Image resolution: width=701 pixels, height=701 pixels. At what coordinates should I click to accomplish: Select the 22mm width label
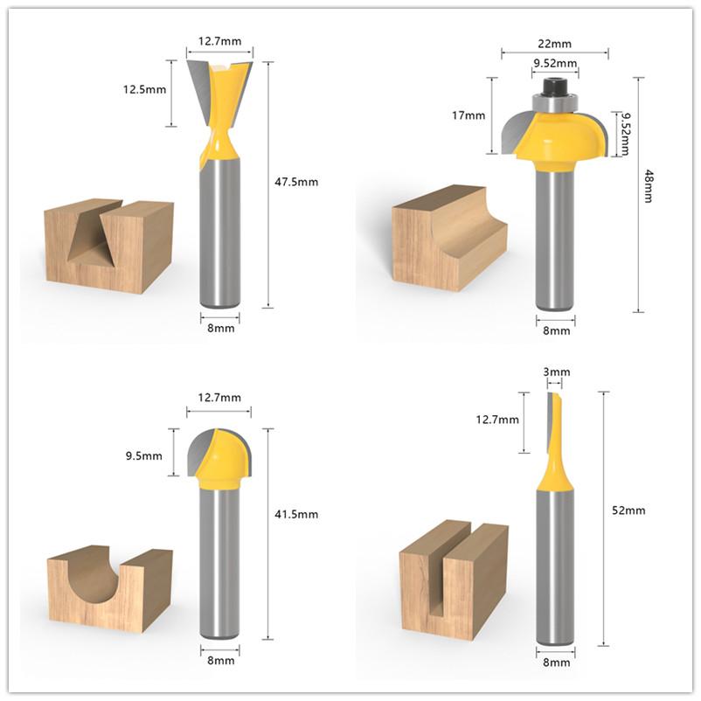click(555, 43)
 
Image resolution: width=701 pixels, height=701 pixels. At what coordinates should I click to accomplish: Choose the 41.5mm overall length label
click(297, 514)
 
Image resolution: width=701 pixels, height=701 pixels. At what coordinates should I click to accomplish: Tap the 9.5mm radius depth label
click(144, 455)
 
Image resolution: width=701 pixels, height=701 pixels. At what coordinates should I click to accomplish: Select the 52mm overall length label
click(628, 510)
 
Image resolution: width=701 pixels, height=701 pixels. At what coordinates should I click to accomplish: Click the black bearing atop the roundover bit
click(556, 87)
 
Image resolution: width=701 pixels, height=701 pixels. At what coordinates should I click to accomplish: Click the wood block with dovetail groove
click(109, 246)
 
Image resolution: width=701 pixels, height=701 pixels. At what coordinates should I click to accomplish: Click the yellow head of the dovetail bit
click(224, 114)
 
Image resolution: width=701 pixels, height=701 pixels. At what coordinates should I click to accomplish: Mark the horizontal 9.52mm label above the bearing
click(555, 63)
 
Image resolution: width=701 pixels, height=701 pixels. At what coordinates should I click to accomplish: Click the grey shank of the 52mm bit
click(555, 568)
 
